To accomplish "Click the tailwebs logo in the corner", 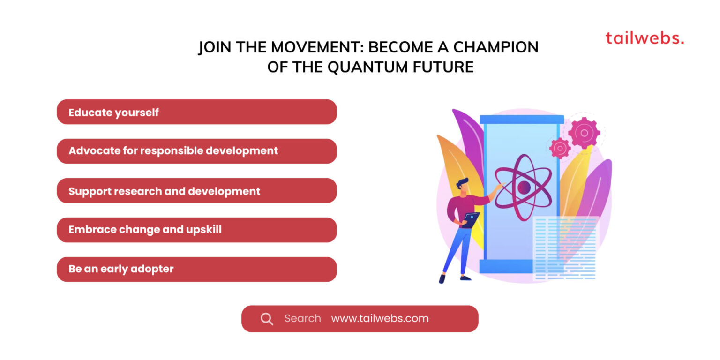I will pyautogui.click(x=644, y=38).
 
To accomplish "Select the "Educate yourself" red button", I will pyautogui.click(x=196, y=112).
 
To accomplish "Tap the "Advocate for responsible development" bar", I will pyautogui.click(x=196, y=151).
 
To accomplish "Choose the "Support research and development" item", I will pyautogui.click(x=196, y=191).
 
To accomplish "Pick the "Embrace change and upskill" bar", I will pyautogui.click(x=196, y=230).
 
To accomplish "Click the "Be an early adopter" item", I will pyautogui.click(x=196, y=269).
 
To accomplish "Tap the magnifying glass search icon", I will pyautogui.click(x=267, y=319).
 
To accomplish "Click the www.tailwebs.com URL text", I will pyautogui.click(x=380, y=319).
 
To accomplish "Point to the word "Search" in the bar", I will pyautogui.click(x=302, y=319).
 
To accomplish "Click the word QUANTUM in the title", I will pyautogui.click(x=360, y=67).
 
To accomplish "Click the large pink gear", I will pyautogui.click(x=584, y=133).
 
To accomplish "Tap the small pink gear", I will pyautogui.click(x=560, y=148).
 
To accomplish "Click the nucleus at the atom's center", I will pyautogui.click(x=524, y=187).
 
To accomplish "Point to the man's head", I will pyautogui.click(x=462, y=184).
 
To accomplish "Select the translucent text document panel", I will pyautogui.click(x=566, y=248).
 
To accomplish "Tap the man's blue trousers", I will pyautogui.click(x=455, y=251).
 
